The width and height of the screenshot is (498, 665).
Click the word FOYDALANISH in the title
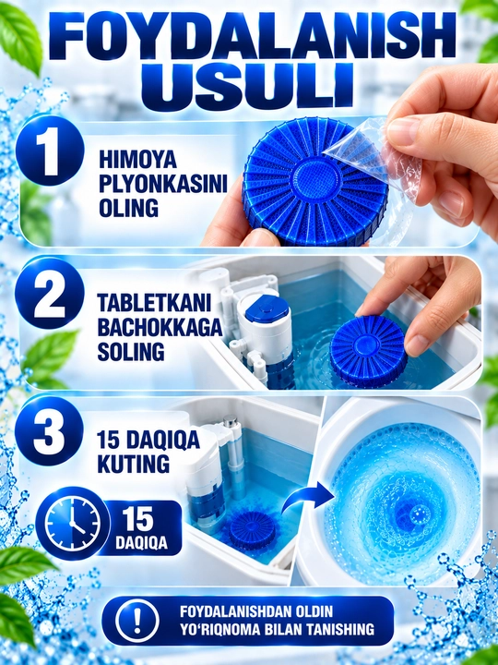pos(253,36)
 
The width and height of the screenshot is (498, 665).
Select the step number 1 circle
pos(50,151)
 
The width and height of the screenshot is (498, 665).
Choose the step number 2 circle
pos(50,294)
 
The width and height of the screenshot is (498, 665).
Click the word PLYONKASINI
pos(163,185)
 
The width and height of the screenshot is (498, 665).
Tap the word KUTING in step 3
pos(134,464)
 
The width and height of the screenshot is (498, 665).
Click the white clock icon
pos(73,524)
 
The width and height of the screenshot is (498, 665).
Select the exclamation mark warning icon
pos(136,621)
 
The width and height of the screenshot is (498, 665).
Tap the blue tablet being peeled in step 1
pos(314,183)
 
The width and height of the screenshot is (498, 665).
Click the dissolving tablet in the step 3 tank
pos(253,530)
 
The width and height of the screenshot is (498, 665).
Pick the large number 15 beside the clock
pos(138,519)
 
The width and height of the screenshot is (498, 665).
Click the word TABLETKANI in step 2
pos(155,303)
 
